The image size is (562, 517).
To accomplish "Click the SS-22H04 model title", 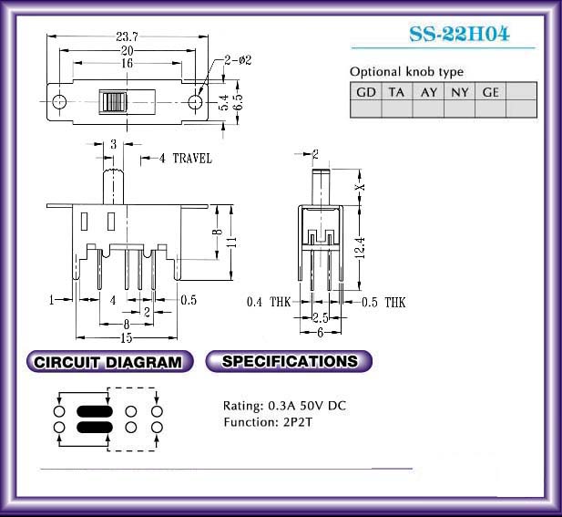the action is (459, 34).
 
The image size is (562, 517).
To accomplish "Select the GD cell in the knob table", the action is (366, 92).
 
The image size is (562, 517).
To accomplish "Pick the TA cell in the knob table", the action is (397, 92).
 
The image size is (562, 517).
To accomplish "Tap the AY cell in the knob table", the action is (428, 92).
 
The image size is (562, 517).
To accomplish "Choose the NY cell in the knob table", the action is (459, 92).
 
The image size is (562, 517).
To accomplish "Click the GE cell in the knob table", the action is (490, 92).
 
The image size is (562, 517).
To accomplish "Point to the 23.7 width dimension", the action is (127, 36).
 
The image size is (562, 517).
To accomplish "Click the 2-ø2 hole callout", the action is (238, 60).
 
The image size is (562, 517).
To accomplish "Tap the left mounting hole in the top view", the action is (59, 102).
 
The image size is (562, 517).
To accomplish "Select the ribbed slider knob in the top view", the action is (113, 102).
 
